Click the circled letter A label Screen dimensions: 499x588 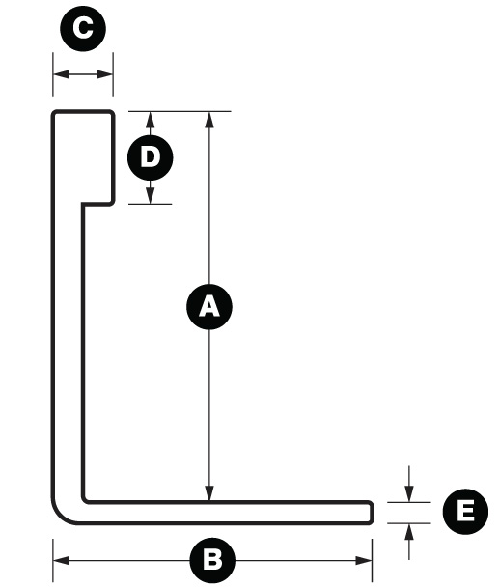[209, 307]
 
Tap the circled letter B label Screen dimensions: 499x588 [212, 560]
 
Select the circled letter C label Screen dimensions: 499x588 [83, 29]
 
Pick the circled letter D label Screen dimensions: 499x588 [150, 157]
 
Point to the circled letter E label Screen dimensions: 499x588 [465, 512]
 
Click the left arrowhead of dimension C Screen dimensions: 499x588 [62, 74]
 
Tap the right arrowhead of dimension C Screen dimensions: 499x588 [104, 74]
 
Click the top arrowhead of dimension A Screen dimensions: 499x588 [209, 120]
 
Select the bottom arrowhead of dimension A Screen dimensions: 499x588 [209, 492]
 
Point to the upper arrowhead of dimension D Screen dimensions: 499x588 [150, 120]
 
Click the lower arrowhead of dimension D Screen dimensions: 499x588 [150, 195]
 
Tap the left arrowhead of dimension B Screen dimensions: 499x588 [62, 561]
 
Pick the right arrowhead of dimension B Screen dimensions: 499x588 [364, 561]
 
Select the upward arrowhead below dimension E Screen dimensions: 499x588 [409, 532]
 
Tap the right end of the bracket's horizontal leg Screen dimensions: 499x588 [372, 513]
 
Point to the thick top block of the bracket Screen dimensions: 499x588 [83, 157]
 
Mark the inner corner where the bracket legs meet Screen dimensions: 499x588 [84, 500]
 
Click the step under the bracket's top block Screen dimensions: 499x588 [97, 204]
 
